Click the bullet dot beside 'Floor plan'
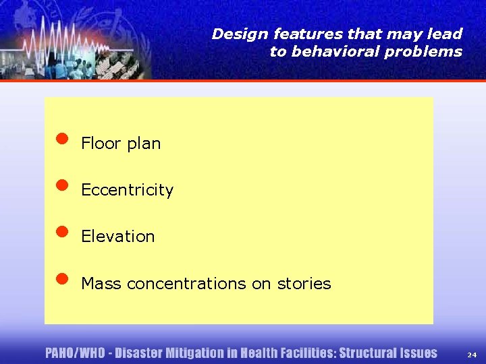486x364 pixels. click(62, 139)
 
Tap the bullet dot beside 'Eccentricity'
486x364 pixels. click(62, 185)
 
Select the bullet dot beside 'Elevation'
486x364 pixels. click(62, 231)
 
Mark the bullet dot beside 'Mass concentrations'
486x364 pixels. click(62, 278)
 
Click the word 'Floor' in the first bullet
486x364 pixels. click(101, 143)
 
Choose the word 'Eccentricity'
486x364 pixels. click(127, 190)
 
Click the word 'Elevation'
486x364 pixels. click(117, 237)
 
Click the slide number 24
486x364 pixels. click(471, 354)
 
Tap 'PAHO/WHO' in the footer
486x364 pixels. click(75, 353)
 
